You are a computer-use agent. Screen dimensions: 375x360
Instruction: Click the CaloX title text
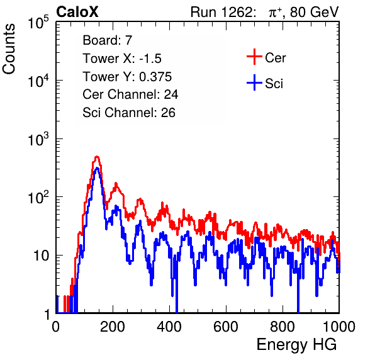pyautogui.click(x=77, y=12)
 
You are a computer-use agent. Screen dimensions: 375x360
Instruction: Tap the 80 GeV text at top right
pyautogui.click(x=314, y=12)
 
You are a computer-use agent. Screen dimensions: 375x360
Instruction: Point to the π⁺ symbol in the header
pyautogui.click(x=275, y=12)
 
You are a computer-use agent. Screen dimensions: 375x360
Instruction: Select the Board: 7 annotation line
pyautogui.click(x=108, y=40)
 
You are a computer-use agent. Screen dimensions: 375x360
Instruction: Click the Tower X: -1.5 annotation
pyautogui.click(x=122, y=58)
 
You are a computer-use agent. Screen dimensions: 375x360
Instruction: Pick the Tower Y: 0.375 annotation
pyautogui.click(x=127, y=76)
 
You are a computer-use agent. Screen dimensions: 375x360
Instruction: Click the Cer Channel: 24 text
pyautogui.click(x=130, y=94)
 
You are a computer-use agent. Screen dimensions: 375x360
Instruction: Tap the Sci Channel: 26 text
pyautogui.click(x=129, y=113)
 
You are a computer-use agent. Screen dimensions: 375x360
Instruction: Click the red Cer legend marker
pyautogui.click(x=254, y=57)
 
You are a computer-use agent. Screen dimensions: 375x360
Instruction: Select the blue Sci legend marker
pyautogui.click(x=254, y=83)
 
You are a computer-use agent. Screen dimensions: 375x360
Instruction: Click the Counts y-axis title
pyautogui.click(x=9, y=48)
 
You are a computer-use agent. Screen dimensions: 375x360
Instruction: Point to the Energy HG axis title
pyautogui.click(x=296, y=345)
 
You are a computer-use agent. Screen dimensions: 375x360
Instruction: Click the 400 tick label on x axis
pyautogui.click(x=169, y=327)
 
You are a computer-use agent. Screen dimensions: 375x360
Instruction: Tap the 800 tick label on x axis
pyautogui.click(x=283, y=327)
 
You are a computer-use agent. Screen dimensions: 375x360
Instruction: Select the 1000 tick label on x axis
pyautogui.click(x=339, y=327)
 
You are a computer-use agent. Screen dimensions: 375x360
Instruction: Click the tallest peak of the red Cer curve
pyautogui.click(x=97, y=157)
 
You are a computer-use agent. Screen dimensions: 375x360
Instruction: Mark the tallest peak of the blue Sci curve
pyautogui.click(x=97, y=168)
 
